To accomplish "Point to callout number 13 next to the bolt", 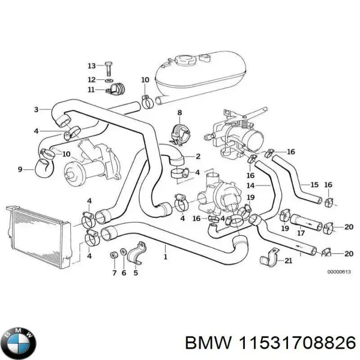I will coord(91,65).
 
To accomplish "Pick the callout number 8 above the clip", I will coord(179,113).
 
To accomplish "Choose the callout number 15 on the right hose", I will coord(314,184).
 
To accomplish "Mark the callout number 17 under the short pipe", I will coord(302,233).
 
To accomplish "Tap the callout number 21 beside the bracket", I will coord(288,260).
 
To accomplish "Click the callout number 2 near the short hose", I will coord(198,157).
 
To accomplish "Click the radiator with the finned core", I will coord(35,234).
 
